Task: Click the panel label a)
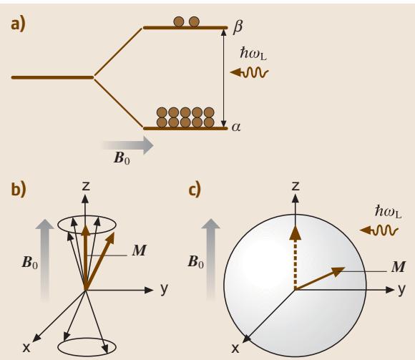click(x=18, y=24)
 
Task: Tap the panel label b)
click(x=19, y=189)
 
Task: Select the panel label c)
click(x=195, y=189)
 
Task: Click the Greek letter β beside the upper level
click(x=238, y=26)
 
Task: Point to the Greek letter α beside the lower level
click(x=236, y=127)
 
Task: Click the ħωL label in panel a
click(x=253, y=53)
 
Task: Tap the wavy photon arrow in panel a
click(x=249, y=72)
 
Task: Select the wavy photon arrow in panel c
click(x=379, y=230)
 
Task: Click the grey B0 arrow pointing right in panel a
click(x=128, y=145)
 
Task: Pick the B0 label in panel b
click(x=29, y=263)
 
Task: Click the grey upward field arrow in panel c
click(x=211, y=260)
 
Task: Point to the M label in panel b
click(x=140, y=250)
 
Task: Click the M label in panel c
click(x=398, y=267)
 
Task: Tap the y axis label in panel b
click(x=164, y=288)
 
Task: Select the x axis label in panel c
click(x=235, y=349)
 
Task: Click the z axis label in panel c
click(x=296, y=186)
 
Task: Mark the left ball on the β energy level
click(x=179, y=21)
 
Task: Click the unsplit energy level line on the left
click(x=52, y=77)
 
